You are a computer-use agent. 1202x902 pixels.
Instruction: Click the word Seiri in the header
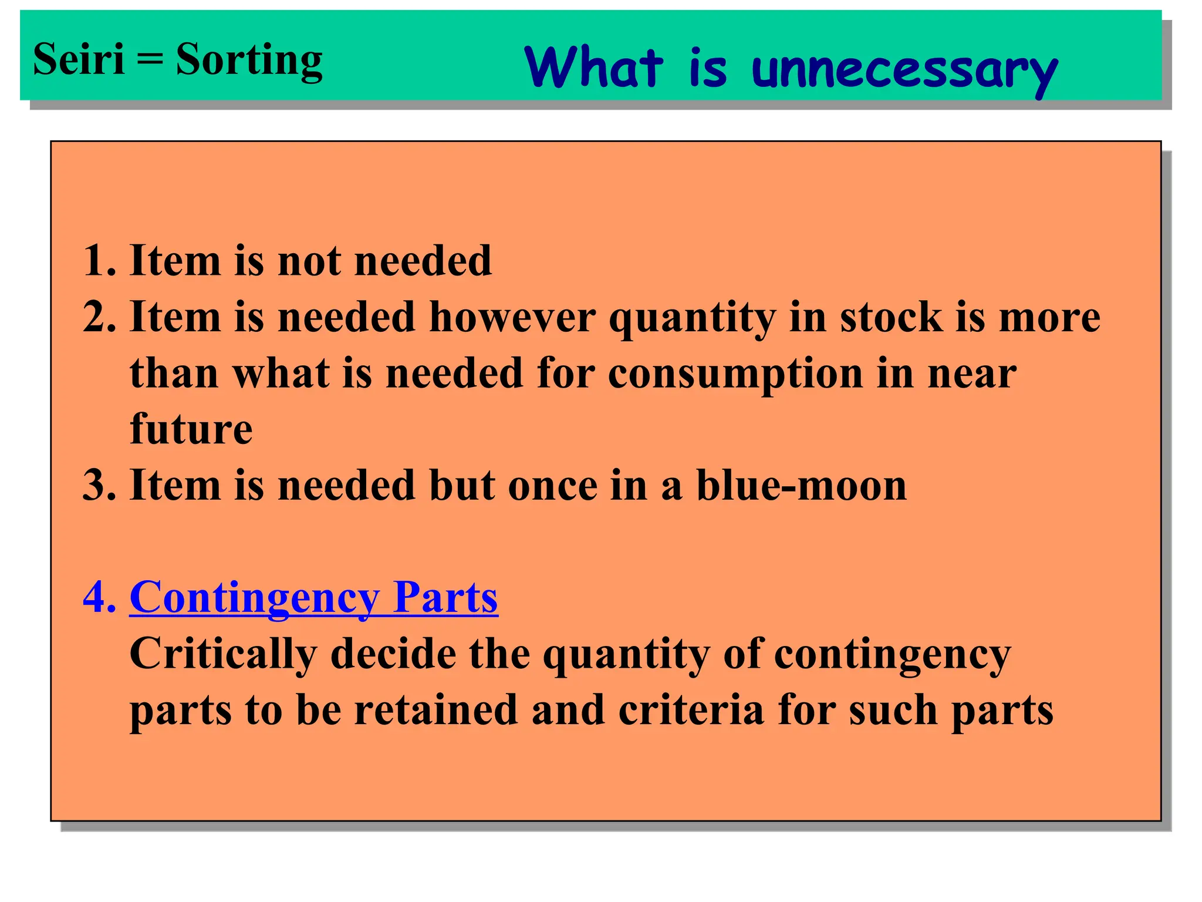click(x=79, y=59)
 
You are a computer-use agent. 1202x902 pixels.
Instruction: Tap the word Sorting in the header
click(x=249, y=60)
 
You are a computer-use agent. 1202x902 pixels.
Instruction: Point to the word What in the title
click(x=594, y=68)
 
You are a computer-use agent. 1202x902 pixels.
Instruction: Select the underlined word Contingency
click(x=254, y=598)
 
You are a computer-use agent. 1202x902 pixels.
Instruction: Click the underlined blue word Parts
click(x=445, y=597)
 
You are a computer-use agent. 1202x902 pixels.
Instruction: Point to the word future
click(x=191, y=429)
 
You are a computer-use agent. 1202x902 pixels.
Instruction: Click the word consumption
click(x=735, y=373)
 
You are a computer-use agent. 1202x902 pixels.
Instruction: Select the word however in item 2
click(x=512, y=317)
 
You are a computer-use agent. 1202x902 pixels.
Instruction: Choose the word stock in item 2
click(x=891, y=317)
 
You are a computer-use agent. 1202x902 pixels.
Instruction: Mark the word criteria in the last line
click(x=691, y=710)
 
